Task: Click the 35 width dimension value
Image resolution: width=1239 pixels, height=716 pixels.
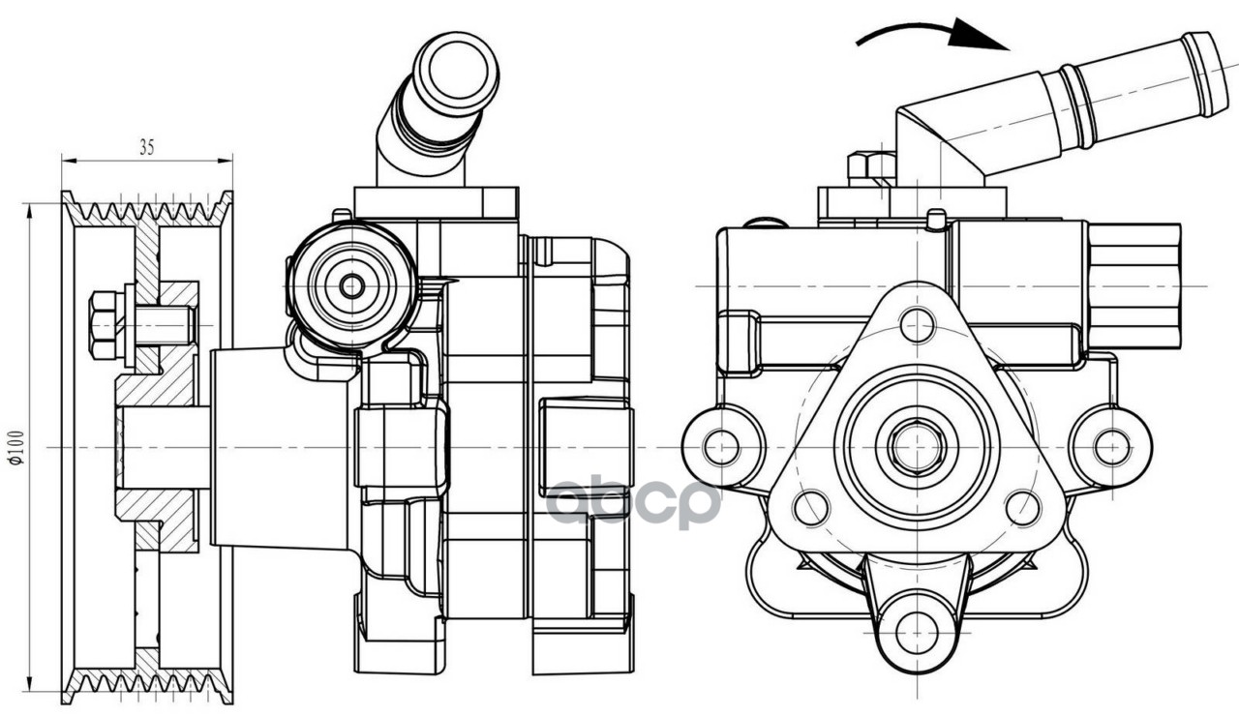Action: (x=146, y=148)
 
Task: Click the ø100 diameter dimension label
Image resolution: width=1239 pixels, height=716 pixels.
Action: (x=16, y=447)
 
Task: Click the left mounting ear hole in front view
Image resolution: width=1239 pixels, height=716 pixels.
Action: (x=721, y=447)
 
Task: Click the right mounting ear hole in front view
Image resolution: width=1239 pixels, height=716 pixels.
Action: (x=1112, y=447)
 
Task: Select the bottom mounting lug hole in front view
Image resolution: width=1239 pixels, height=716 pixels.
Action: (x=916, y=633)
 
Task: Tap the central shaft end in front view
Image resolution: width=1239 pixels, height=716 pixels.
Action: (x=916, y=447)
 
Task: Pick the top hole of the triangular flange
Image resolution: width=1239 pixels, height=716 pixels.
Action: (x=916, y=325)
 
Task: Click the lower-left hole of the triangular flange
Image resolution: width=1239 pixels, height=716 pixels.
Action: (x=811, y=508)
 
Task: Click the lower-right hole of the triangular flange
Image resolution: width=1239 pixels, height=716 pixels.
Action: (x=1022, y=508)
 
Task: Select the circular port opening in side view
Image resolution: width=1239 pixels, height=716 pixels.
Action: (x=352, y=285)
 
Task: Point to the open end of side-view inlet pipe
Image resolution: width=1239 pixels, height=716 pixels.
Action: (x=455, y=70)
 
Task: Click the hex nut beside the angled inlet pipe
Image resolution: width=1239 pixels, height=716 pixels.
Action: (x=870, y=167)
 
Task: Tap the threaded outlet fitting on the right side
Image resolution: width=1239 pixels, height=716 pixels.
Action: (x=1133, y=286)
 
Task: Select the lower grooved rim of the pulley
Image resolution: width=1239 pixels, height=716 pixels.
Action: (x=146, y=684)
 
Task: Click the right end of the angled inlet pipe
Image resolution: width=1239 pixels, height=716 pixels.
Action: (x=1206, y=75)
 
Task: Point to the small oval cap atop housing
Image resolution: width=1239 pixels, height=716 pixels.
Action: (x=769, y=224)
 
